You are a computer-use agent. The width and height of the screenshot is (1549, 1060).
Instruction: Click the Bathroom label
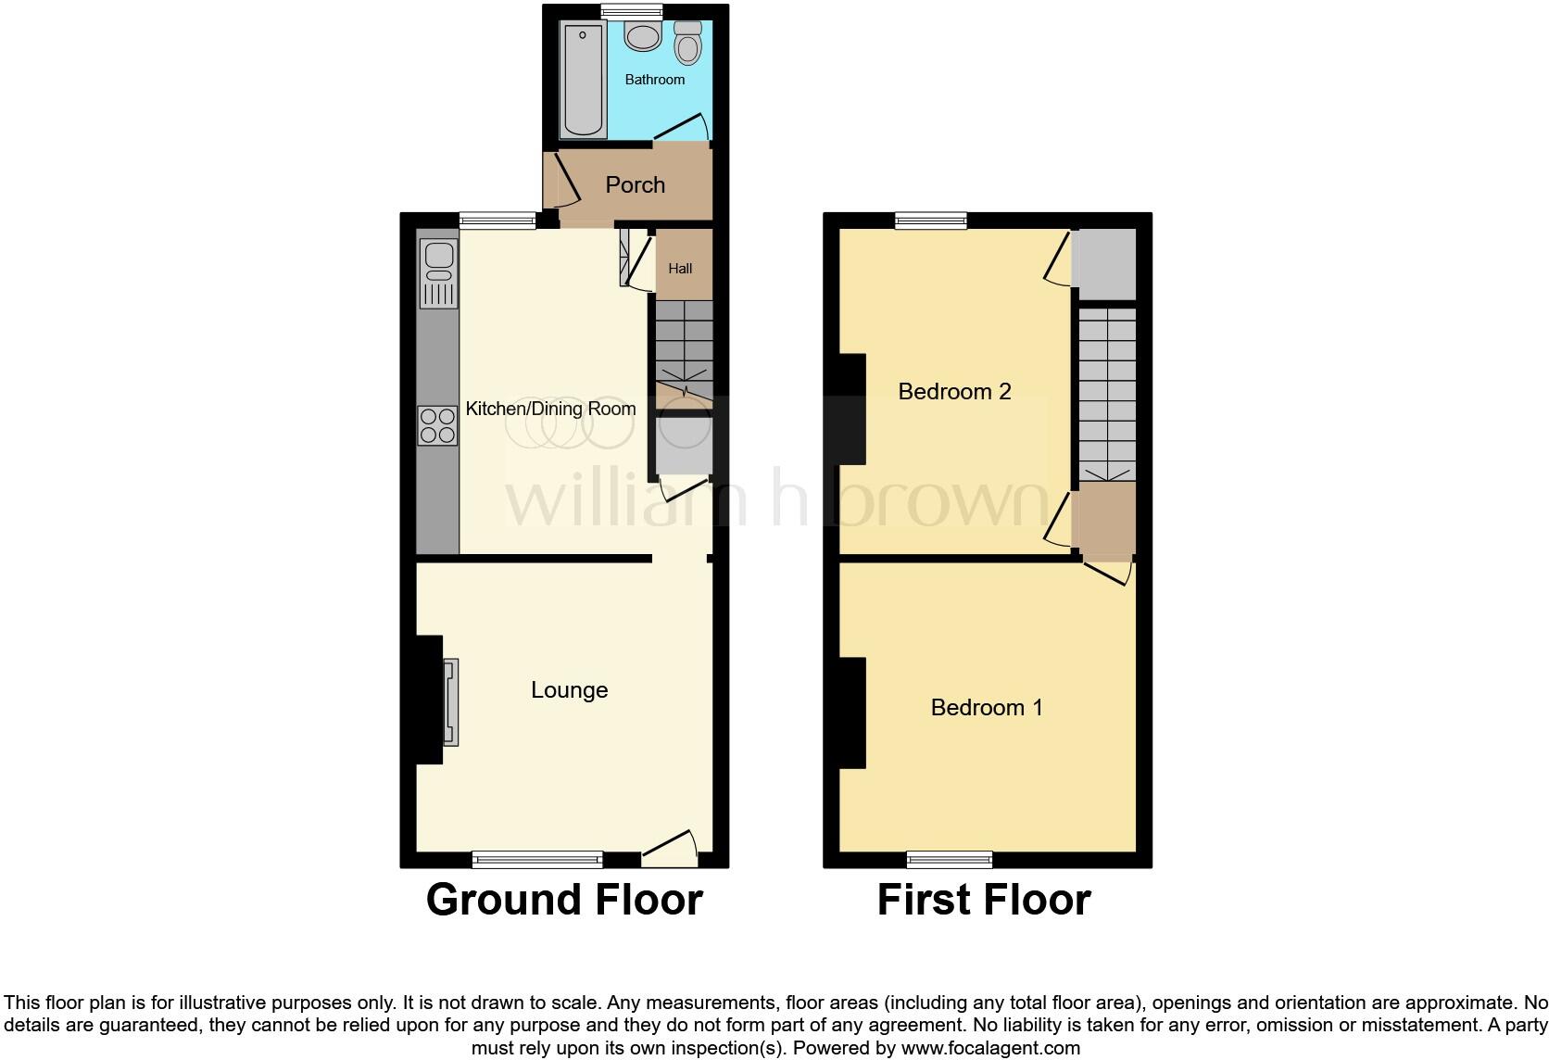[655, 80]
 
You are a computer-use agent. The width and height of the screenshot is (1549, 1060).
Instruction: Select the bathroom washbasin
[642, 37]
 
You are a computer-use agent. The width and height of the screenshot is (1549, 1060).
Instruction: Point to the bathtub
[583, 80]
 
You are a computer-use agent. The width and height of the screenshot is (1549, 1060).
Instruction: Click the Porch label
[636, 185]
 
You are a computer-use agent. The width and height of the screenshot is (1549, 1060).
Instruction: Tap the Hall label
[680, 269]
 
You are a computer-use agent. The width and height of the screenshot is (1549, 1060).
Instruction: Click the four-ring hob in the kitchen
[437, 426]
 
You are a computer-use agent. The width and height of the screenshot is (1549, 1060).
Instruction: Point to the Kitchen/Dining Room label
[550, 409]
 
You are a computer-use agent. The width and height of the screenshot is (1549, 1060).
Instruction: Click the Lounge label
[569, 690]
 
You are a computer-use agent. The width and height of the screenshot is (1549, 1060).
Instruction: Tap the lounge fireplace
[450, 701]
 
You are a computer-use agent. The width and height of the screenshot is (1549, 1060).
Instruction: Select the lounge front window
[537, 860]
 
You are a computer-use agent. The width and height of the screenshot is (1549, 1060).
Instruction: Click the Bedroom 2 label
[954, 392]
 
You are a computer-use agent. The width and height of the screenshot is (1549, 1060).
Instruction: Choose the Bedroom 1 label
[987, 708]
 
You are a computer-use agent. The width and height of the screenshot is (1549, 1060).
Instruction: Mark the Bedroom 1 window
[950, 860]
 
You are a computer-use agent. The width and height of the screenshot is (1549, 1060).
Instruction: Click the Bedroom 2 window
[931, 221]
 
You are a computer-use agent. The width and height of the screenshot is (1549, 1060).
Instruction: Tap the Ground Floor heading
[564, 900]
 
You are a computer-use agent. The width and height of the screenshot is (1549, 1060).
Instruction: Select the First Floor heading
[984, 900]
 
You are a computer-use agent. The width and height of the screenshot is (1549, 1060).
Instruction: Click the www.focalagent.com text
[990, 1049]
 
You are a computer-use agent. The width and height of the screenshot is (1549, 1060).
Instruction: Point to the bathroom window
[632, 11]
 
